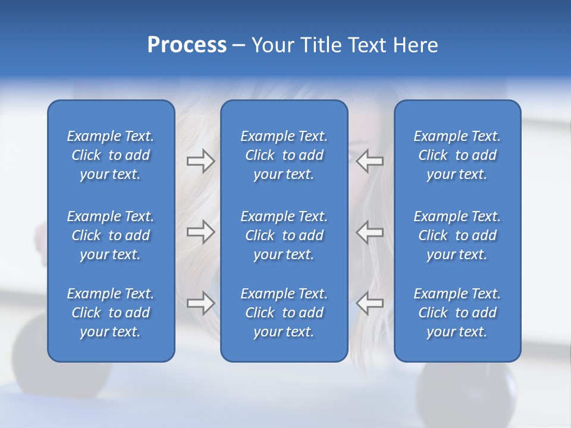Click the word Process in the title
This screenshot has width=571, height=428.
187,45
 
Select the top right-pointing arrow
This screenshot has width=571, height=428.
200,161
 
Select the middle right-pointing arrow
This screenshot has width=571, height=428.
200,232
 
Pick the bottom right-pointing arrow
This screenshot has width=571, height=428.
200,303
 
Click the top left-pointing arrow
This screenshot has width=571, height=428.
370,161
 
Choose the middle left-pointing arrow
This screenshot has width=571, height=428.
370,232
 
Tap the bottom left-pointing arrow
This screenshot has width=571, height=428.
370,303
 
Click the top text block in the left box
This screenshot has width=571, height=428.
111,155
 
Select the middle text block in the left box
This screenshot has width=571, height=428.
111,235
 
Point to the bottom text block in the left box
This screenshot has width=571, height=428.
111,313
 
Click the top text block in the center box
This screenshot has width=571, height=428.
284,155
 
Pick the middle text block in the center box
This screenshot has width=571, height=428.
284,235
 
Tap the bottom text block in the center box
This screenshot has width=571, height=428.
284,313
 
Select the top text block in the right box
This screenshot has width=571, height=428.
457,155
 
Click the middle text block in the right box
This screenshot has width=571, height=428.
457,235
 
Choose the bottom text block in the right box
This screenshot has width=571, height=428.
457,313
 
